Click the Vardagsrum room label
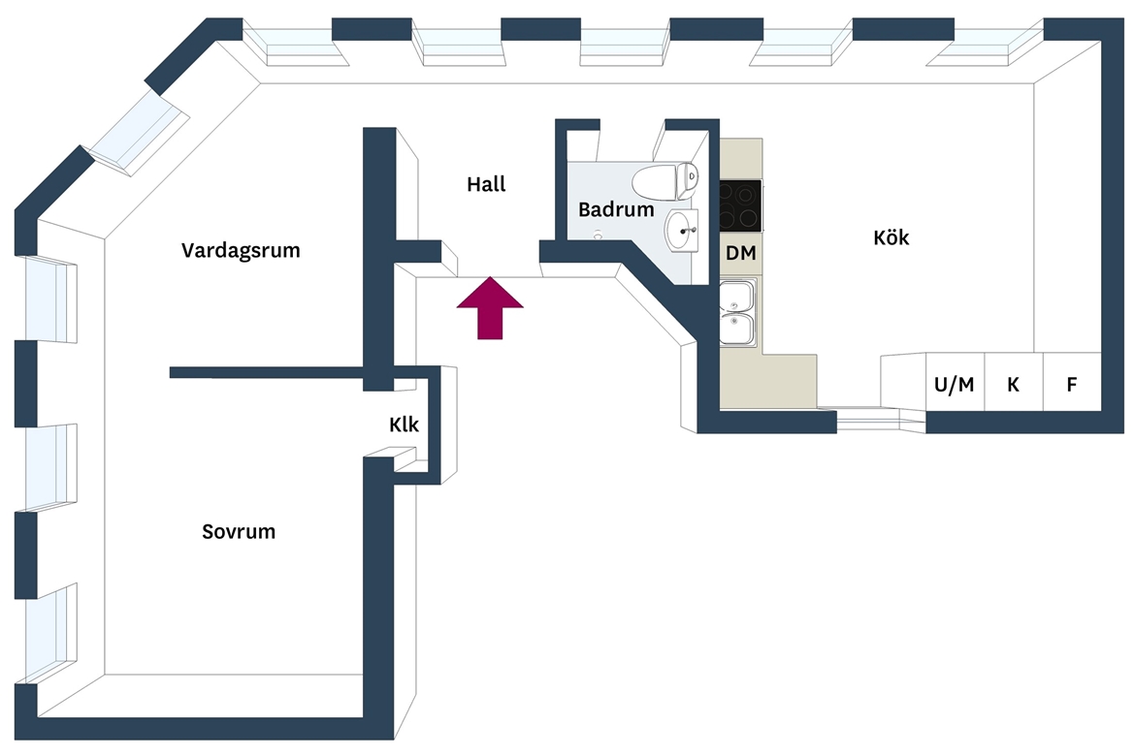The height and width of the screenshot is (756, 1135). pyautogui.click(x=241, y=250)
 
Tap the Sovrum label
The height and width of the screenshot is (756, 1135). pyautogui.click(x=238, y=532)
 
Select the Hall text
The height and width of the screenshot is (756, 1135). pyautogui.click(x=486, y=184)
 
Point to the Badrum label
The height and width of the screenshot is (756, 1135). pyautogui.click(x=616, y=209)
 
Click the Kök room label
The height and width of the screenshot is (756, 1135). pyautogui.click(x=892, y=237)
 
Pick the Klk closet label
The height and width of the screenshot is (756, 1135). pyautogui.click(x=404, y=425)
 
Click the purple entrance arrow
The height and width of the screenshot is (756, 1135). pyautogui.click(x=490, y=308)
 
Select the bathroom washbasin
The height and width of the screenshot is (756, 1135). pyautogui.click(x=682, y=231)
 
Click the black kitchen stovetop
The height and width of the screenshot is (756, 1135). pyautogui.click(x=740, y=205)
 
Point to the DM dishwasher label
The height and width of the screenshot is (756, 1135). pyautogui.click(x=740, y=253)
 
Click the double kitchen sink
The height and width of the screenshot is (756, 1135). pyautogui.click(x=737, y=312)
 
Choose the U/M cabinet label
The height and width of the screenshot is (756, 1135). pyautogui.click(x=954, y=385)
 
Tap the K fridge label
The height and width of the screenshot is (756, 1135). pyautogui.click(x=1014, y=385)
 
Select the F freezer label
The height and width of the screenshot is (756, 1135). pyautogui.click(x=1072, y=385)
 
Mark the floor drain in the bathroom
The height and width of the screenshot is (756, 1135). pyautogui.click(x=598, y=235)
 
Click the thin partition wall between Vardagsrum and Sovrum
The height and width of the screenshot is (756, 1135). pyautogui.click(x=267, y=372)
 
